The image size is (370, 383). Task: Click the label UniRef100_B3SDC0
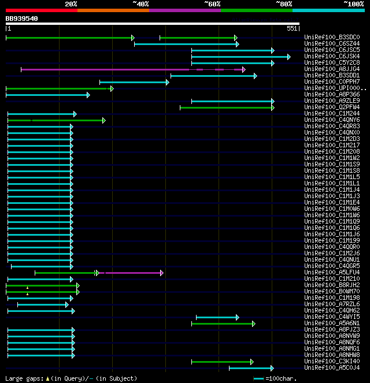pos(332,38)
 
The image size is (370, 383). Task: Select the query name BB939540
pos(22,18)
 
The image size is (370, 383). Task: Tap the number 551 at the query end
pos(291,28)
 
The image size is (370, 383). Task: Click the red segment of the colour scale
pos(41,10)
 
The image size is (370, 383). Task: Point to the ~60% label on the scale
pos(212,4)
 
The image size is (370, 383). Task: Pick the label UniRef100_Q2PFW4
pos(332,107)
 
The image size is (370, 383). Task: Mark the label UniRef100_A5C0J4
pos(332,368)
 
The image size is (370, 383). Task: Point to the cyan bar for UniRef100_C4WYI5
pos(217,317)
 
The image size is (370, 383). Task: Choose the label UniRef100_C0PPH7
pos(332,82)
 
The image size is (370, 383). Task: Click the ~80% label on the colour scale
pos(283,4)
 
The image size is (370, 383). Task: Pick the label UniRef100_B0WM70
pos(332,292)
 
